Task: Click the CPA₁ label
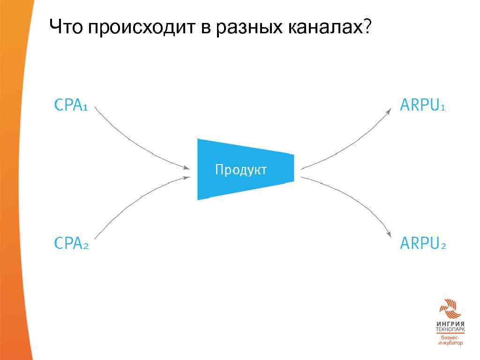point(71,105)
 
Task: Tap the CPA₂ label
point(71,243)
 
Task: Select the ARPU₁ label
point(422,105)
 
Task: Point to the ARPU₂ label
point(422,243)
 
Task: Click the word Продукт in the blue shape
point(240,170)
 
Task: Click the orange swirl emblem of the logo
point(450,309)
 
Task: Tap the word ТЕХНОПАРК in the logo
point(450,330)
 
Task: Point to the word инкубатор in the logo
point(450,343)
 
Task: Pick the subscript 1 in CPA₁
point(85,107)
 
